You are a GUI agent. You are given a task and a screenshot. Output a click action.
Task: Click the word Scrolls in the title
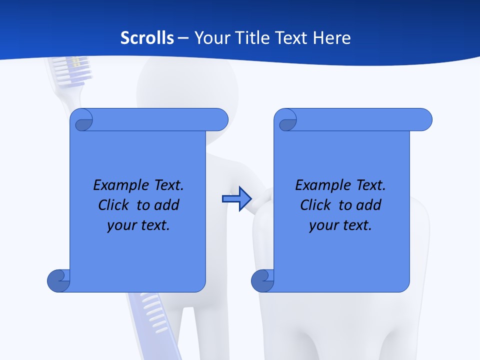(147, 38)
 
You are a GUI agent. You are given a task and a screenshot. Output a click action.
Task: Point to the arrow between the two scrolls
(236, 199)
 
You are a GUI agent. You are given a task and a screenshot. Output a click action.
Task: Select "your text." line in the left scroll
(138, 225)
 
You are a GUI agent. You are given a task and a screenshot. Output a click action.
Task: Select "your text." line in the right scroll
(340, 225)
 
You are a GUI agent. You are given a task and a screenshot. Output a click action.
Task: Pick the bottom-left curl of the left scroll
(58, 281)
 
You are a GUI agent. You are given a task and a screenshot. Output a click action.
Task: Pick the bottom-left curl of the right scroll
(262, 281)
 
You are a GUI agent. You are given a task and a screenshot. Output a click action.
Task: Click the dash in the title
(183, 38)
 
